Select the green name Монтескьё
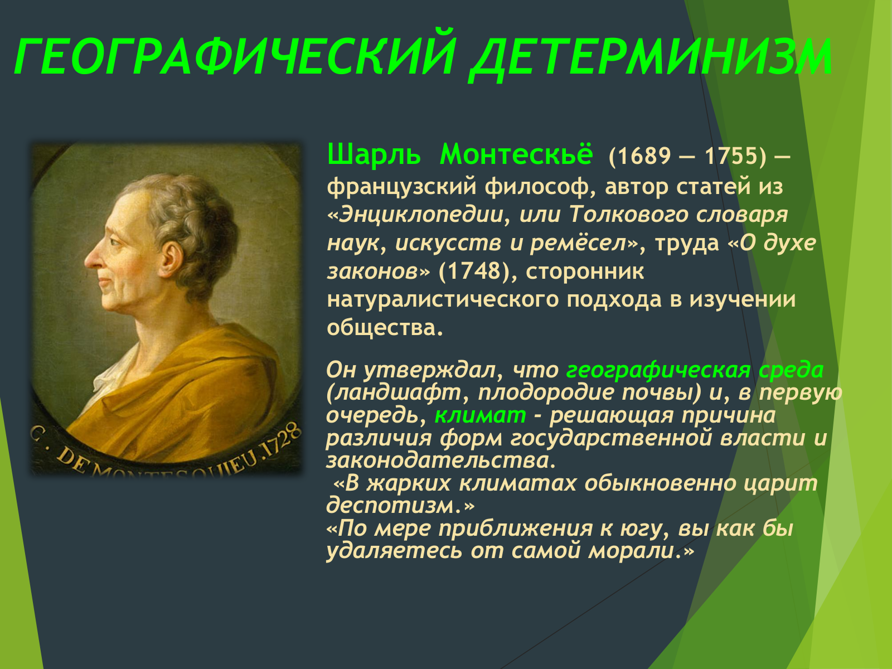516,154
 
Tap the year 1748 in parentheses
474,271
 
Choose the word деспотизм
396,506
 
